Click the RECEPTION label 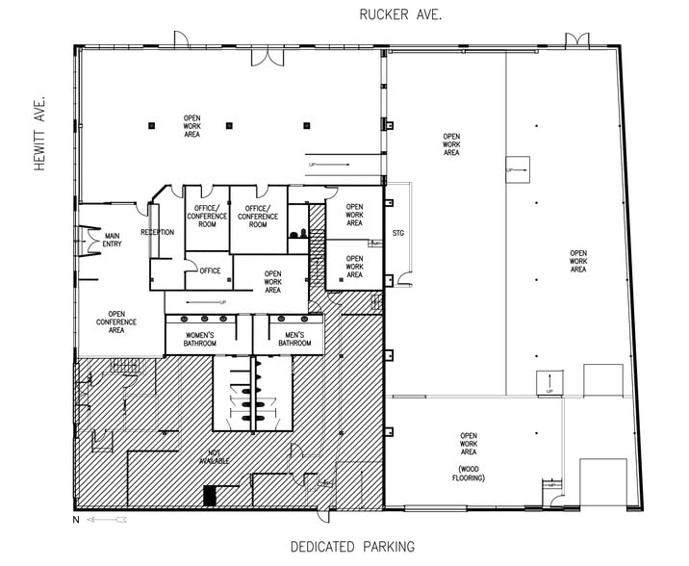point(157,232)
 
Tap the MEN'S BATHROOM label point(294,339)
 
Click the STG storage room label point(398,233)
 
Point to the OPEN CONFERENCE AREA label point(116,322)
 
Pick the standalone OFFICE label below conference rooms point(211,270)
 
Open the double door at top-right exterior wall point(576,39)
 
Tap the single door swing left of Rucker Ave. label point(179,39)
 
